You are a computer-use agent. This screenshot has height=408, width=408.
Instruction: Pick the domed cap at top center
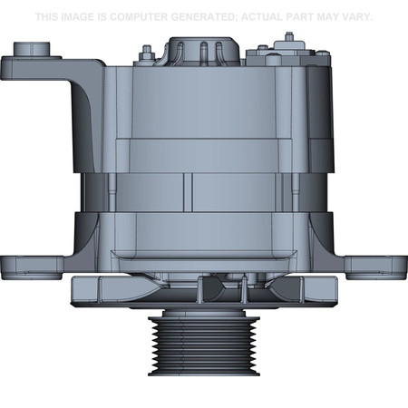pos(201,50)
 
